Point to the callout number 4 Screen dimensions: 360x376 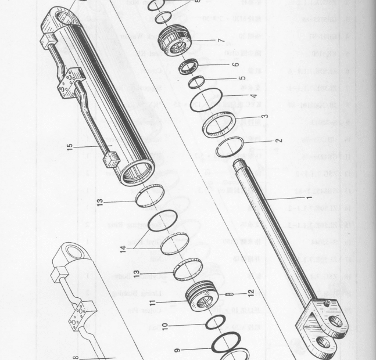(253, 96)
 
